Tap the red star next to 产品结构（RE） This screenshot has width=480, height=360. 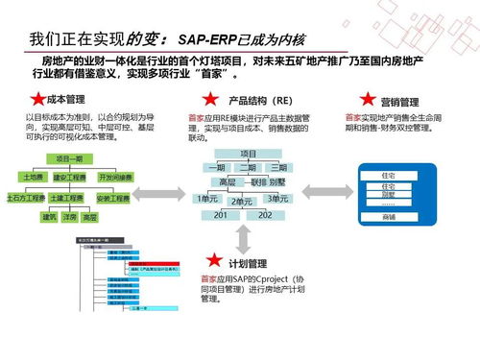(208, 100)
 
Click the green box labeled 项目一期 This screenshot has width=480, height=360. (69, 157)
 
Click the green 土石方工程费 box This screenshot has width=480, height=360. (27, 198)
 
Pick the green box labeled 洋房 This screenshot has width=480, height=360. (69, 218)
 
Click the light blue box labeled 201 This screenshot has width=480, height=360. (220, 215)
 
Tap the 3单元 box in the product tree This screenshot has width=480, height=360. (278, 198)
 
